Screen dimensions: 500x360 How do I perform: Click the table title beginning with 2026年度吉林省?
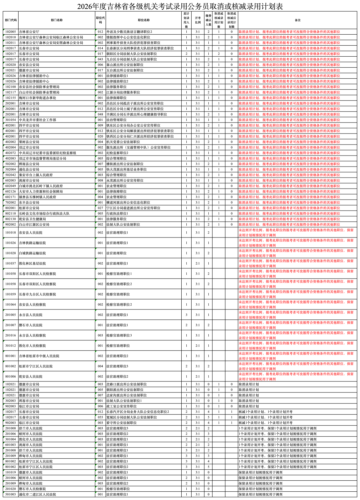(180, 6)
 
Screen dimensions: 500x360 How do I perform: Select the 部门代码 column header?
(11, 20)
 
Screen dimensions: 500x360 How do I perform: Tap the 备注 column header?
(297, 20)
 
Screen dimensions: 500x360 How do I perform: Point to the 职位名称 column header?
(144, 20)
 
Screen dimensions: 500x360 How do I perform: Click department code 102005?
(11, 32)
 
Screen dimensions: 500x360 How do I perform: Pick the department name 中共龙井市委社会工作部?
(38, 120)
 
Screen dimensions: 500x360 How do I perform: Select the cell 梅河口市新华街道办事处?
(38, 98)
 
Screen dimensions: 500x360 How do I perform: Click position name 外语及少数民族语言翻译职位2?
(129, 32)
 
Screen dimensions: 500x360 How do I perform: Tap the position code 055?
(100, 417)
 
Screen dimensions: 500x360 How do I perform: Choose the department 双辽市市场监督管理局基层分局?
(43, 159)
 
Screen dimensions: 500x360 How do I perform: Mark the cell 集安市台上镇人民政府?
(36, 175)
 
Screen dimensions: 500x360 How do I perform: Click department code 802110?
(11, 214)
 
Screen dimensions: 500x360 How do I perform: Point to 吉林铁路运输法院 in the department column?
(32, 243)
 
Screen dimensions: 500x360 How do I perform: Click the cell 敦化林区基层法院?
(32, 263)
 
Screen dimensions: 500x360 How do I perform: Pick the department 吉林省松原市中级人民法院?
(39, 356)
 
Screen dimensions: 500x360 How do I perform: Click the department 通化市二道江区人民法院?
(37, 494)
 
